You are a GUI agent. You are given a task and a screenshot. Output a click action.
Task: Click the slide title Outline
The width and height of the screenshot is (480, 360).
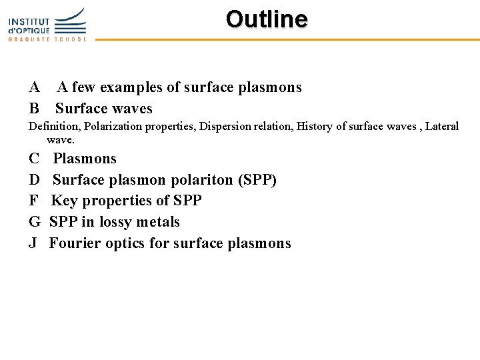[x=267, y=19]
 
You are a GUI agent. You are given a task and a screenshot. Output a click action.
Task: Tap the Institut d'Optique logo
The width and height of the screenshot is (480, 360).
[x=47, y=24]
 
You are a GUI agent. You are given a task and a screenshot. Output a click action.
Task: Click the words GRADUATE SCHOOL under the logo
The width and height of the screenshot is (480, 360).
[x=47, y=39]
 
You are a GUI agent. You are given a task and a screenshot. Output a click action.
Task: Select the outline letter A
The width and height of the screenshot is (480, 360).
[x=34, y=87]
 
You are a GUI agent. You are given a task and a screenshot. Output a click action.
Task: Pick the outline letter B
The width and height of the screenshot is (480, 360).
[x=33, y=109]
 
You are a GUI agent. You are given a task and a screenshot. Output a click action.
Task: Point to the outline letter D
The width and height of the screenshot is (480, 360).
[x=34, y=180]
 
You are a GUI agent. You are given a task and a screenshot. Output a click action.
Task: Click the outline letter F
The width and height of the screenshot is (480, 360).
[x=33, y=201]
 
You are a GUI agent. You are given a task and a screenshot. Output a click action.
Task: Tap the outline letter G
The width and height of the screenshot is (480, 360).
[x=35, y=222]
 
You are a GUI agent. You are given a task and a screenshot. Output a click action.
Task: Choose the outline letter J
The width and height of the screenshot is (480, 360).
[x=33, y=243]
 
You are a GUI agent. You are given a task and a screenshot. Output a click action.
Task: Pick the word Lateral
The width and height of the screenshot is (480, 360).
[x=442, y=127]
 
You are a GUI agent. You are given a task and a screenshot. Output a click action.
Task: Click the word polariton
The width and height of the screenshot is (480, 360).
[x=199, y=180]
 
